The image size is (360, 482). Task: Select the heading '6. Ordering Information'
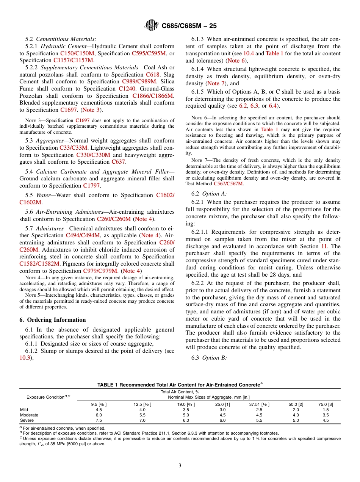(53, 319)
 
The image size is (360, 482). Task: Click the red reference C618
(153, 75)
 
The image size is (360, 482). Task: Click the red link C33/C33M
(74, 148)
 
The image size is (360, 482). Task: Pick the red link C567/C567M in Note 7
(229, 184)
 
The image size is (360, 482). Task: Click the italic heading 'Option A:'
(214, 194)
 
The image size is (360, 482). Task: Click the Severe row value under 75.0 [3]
(326, 420)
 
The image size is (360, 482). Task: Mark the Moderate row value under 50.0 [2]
(296, 415)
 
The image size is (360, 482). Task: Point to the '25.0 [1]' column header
(222, 404)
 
